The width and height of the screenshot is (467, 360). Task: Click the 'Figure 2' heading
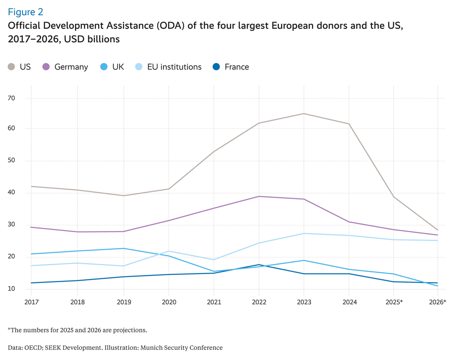(x=25, y=11)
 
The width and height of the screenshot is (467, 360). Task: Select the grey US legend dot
(x=12, y=66)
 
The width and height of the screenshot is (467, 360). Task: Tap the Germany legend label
(x=71, y=67)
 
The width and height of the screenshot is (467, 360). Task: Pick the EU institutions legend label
(x=174, y=67)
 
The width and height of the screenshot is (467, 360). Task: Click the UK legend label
(x=118, y=67)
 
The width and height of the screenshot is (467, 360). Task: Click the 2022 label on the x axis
(x=259, y=302)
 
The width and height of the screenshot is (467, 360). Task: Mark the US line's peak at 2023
(x=304, y=114)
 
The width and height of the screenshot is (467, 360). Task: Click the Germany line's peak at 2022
(x=259, y=196)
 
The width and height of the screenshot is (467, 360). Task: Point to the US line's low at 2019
(x=124, y=195)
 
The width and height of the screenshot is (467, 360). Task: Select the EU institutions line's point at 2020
(x=169, y=251)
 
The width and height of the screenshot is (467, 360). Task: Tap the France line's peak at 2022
(x=259, y=265)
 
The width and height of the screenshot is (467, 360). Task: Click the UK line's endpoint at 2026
(x=437, y=286)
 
